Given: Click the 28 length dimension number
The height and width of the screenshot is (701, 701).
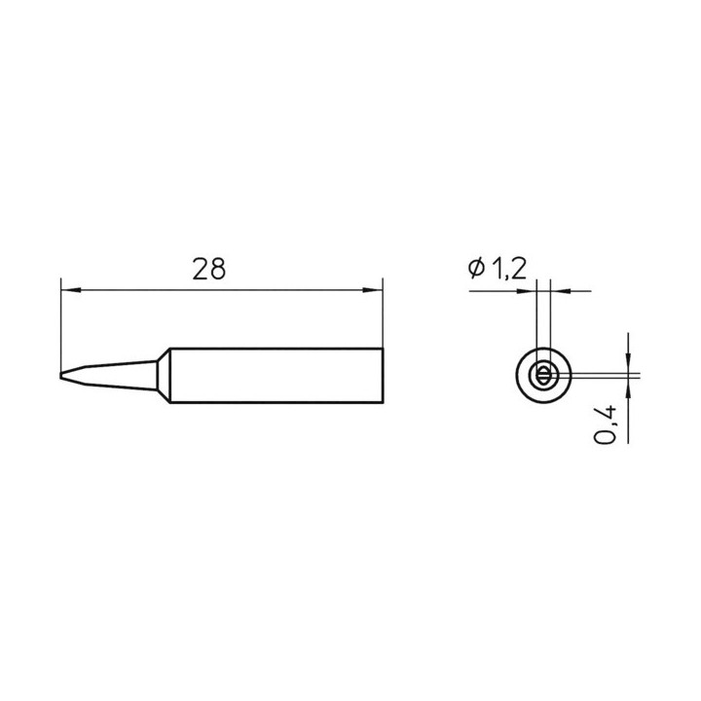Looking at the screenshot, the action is tap(208, 269).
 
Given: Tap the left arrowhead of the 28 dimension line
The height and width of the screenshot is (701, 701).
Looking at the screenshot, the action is tap(71, 290).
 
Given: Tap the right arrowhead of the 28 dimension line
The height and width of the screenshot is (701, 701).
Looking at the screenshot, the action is tap(372, 290).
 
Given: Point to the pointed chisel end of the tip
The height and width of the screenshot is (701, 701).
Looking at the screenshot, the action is tap(60, 375).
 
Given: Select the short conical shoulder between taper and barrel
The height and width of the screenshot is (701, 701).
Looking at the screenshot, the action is tap(164, 376).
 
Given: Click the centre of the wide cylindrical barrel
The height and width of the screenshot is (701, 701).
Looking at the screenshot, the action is tap(277, 376).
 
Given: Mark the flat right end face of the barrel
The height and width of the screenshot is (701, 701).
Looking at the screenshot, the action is tap(383, 376).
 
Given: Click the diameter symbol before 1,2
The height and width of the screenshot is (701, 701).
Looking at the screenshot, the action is tap(476, 269).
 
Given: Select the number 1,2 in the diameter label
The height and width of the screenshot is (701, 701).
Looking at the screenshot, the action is tap(509, 269).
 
